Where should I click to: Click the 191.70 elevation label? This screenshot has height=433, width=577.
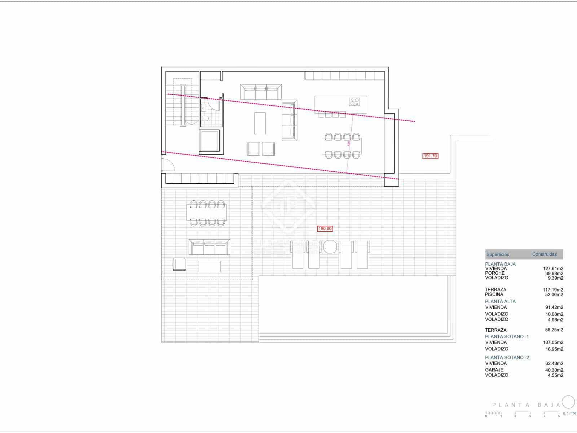tap(430, 156)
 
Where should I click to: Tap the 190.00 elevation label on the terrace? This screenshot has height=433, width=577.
tap(325, 228)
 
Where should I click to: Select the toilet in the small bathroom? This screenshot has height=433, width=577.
tap(204, 119)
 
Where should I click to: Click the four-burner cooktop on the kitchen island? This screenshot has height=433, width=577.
tap(354, 102)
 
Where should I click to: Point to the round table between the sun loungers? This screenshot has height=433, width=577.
tap(330, 247)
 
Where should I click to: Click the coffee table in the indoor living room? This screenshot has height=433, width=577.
tap(260, 123)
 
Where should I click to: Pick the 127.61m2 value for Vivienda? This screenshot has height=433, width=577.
tap(553, 268)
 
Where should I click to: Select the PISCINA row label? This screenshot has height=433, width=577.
tap(494, 294)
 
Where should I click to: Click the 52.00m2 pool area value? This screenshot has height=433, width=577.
tap(554, 294)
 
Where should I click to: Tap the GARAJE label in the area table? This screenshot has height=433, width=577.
tap(494, 370)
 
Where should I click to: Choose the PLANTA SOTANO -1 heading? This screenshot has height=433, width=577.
tap(507, 336)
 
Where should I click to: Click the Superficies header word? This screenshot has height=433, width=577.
tap(498, 254)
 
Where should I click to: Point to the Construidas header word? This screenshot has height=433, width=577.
tap(545, 254)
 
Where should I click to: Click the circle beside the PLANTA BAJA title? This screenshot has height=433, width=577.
tap(569, 402)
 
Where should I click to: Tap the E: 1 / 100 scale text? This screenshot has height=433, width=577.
tap(569, 414)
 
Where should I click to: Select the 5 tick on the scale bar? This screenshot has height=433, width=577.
tap(559, 416)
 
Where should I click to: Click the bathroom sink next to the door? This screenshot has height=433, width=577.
tap(203, 107)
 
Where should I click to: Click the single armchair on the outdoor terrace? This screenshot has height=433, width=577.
tap(180, 264)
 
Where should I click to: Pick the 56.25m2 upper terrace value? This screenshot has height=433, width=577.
tap(554, 330)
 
